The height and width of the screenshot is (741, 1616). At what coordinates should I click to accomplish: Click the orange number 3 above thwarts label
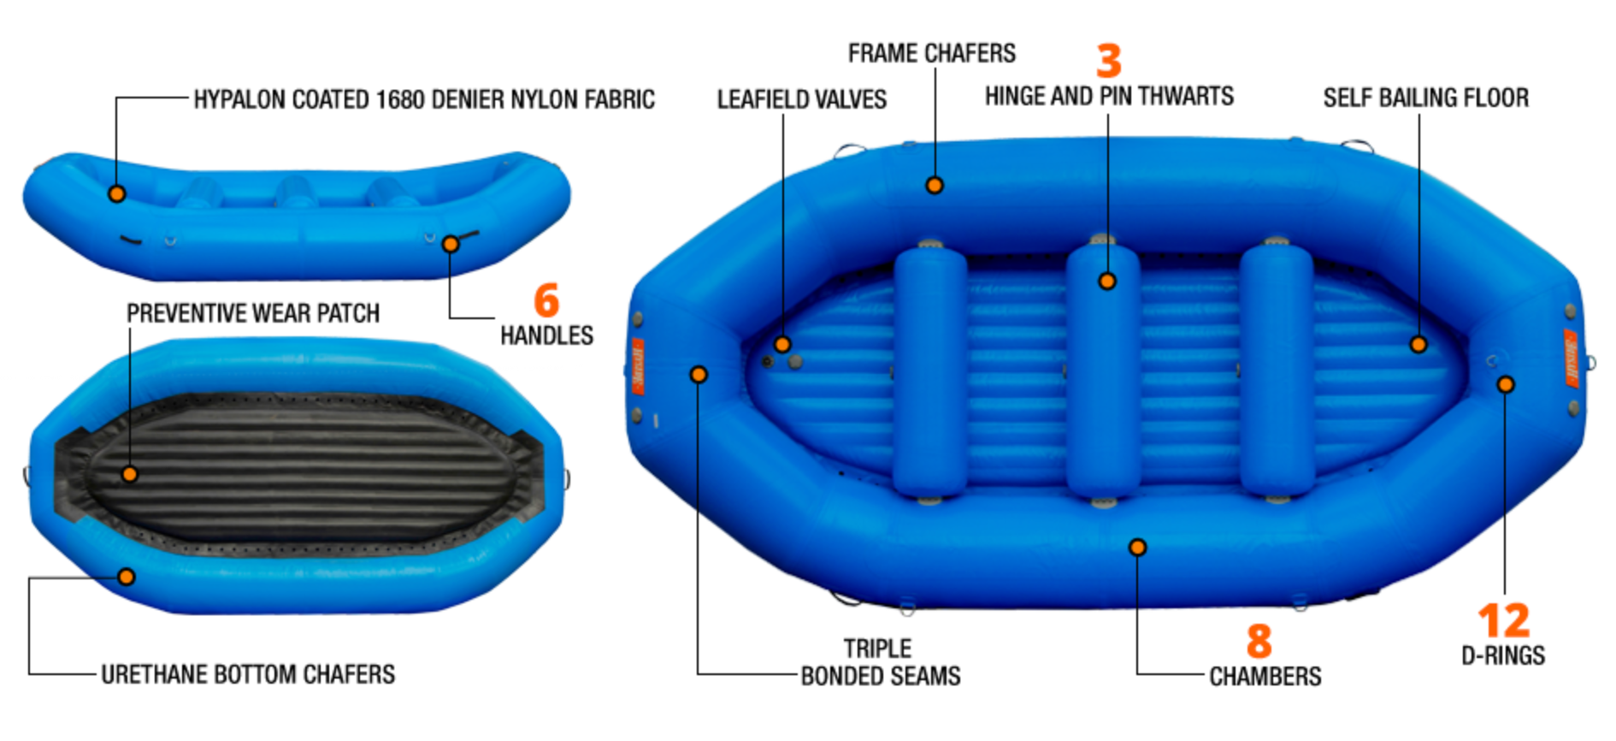(x=1108, y=61)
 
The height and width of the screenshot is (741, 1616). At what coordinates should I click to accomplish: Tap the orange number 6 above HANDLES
(x=546, y=300)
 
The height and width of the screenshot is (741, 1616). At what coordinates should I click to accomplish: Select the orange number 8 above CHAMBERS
(x=1259, y=641)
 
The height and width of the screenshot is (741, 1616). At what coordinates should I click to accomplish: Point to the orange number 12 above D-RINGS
(x=1503, y=620)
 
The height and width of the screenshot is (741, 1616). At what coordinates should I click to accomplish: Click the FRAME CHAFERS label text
(x=931, y=53)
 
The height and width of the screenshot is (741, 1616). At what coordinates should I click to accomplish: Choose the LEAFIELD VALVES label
(x=801, y=99)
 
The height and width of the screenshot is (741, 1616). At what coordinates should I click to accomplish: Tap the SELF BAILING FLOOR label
(x=1425, y=98)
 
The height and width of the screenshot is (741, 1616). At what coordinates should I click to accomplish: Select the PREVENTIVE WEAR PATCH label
(x=253, y=313)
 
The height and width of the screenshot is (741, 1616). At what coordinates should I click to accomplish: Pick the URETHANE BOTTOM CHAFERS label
(x=248, y=674)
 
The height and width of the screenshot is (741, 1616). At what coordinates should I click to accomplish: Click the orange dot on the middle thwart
(x=1107, y=281)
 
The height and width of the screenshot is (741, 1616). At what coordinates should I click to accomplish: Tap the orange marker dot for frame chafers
(x=935, y=185)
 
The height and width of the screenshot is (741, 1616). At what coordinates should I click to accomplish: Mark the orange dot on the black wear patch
(x=129, y=473)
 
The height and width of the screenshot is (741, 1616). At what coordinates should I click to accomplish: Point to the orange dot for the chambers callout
(x=1137, y=547)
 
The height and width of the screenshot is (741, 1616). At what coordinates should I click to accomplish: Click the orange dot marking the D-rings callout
(x=1505, y=384)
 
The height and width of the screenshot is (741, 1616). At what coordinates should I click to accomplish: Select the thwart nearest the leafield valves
(x=929, y=372)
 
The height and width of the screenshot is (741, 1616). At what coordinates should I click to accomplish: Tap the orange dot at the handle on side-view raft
(x=451, y=244)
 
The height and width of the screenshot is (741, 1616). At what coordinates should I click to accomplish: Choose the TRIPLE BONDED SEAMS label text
(x=880, y=662)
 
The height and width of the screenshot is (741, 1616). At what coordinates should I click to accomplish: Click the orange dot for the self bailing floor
(x=1418, y=344)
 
